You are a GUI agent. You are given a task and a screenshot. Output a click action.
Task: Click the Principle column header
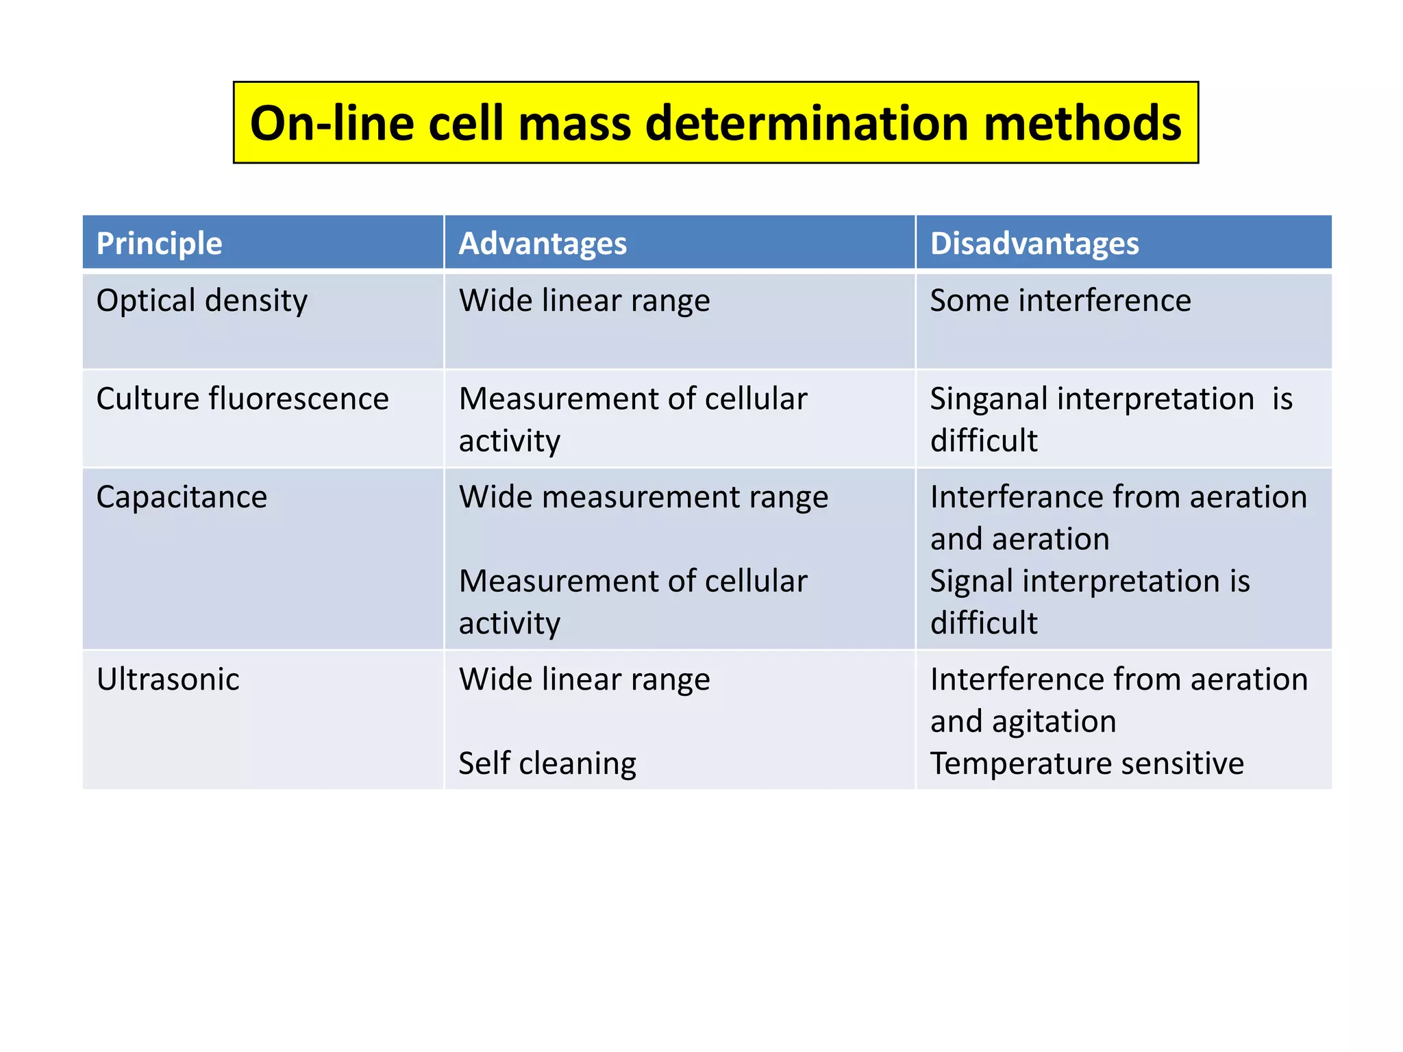[159, 244]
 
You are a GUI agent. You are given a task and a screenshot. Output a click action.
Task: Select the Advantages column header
[543, 244]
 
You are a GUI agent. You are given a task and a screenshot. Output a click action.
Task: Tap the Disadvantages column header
[1034, 244]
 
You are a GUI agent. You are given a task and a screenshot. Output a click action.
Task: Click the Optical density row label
[202, 301]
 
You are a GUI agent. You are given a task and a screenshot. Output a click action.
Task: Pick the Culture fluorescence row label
[243, 399]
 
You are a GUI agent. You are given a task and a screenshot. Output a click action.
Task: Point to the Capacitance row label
[182, 497]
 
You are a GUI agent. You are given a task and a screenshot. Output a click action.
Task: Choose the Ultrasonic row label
[168, 679]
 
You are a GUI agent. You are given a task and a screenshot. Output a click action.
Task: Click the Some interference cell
[1060, 301]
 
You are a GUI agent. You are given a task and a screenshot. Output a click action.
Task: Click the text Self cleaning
[547, 764]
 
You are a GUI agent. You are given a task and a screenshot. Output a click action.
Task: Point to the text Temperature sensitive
[1087, 764]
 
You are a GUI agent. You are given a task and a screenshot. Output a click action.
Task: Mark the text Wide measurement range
[643, 497]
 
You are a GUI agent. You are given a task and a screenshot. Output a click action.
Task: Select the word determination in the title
[807, 123]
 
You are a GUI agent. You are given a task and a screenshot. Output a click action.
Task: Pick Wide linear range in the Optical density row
[584, 301]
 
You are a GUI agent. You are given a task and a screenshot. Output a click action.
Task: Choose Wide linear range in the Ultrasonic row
[584, 679]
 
